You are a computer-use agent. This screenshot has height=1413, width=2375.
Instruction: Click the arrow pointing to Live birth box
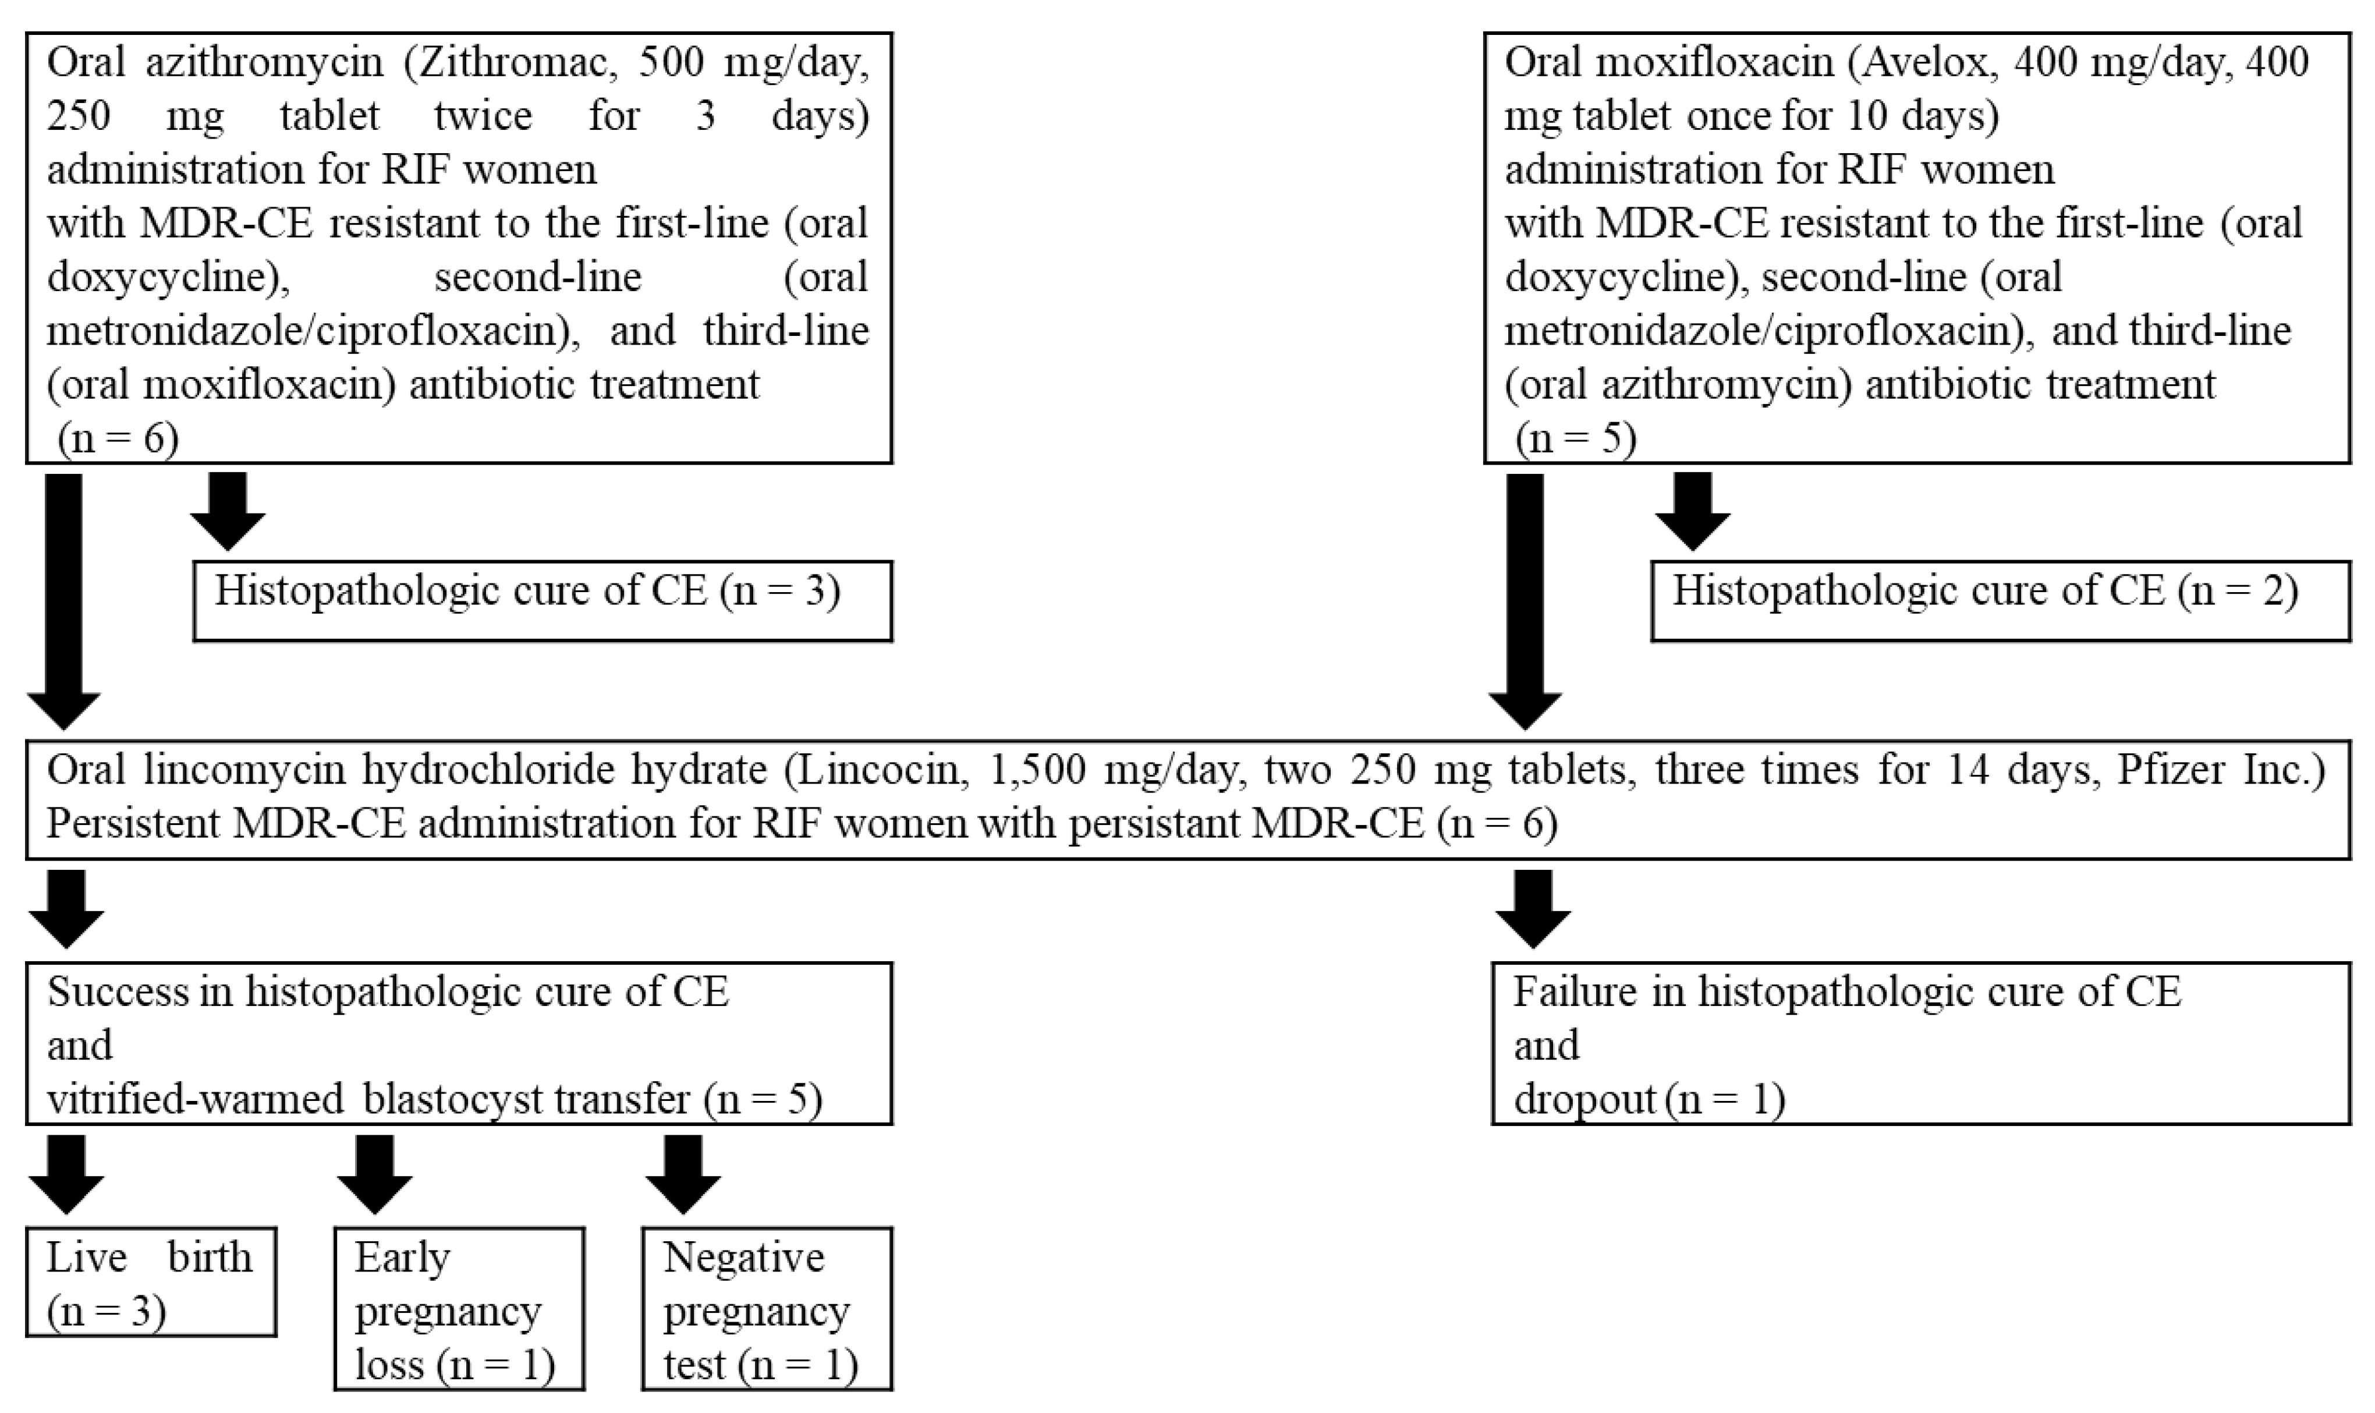66,1173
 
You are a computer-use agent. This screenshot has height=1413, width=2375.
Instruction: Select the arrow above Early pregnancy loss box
375,1173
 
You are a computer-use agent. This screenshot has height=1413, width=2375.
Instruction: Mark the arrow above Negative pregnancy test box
682,1173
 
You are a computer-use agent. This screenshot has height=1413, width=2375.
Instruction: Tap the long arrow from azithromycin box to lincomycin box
64,600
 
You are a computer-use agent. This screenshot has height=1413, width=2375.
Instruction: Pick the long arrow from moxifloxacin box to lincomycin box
1525,600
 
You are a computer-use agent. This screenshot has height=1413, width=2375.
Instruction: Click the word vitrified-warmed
195,1100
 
